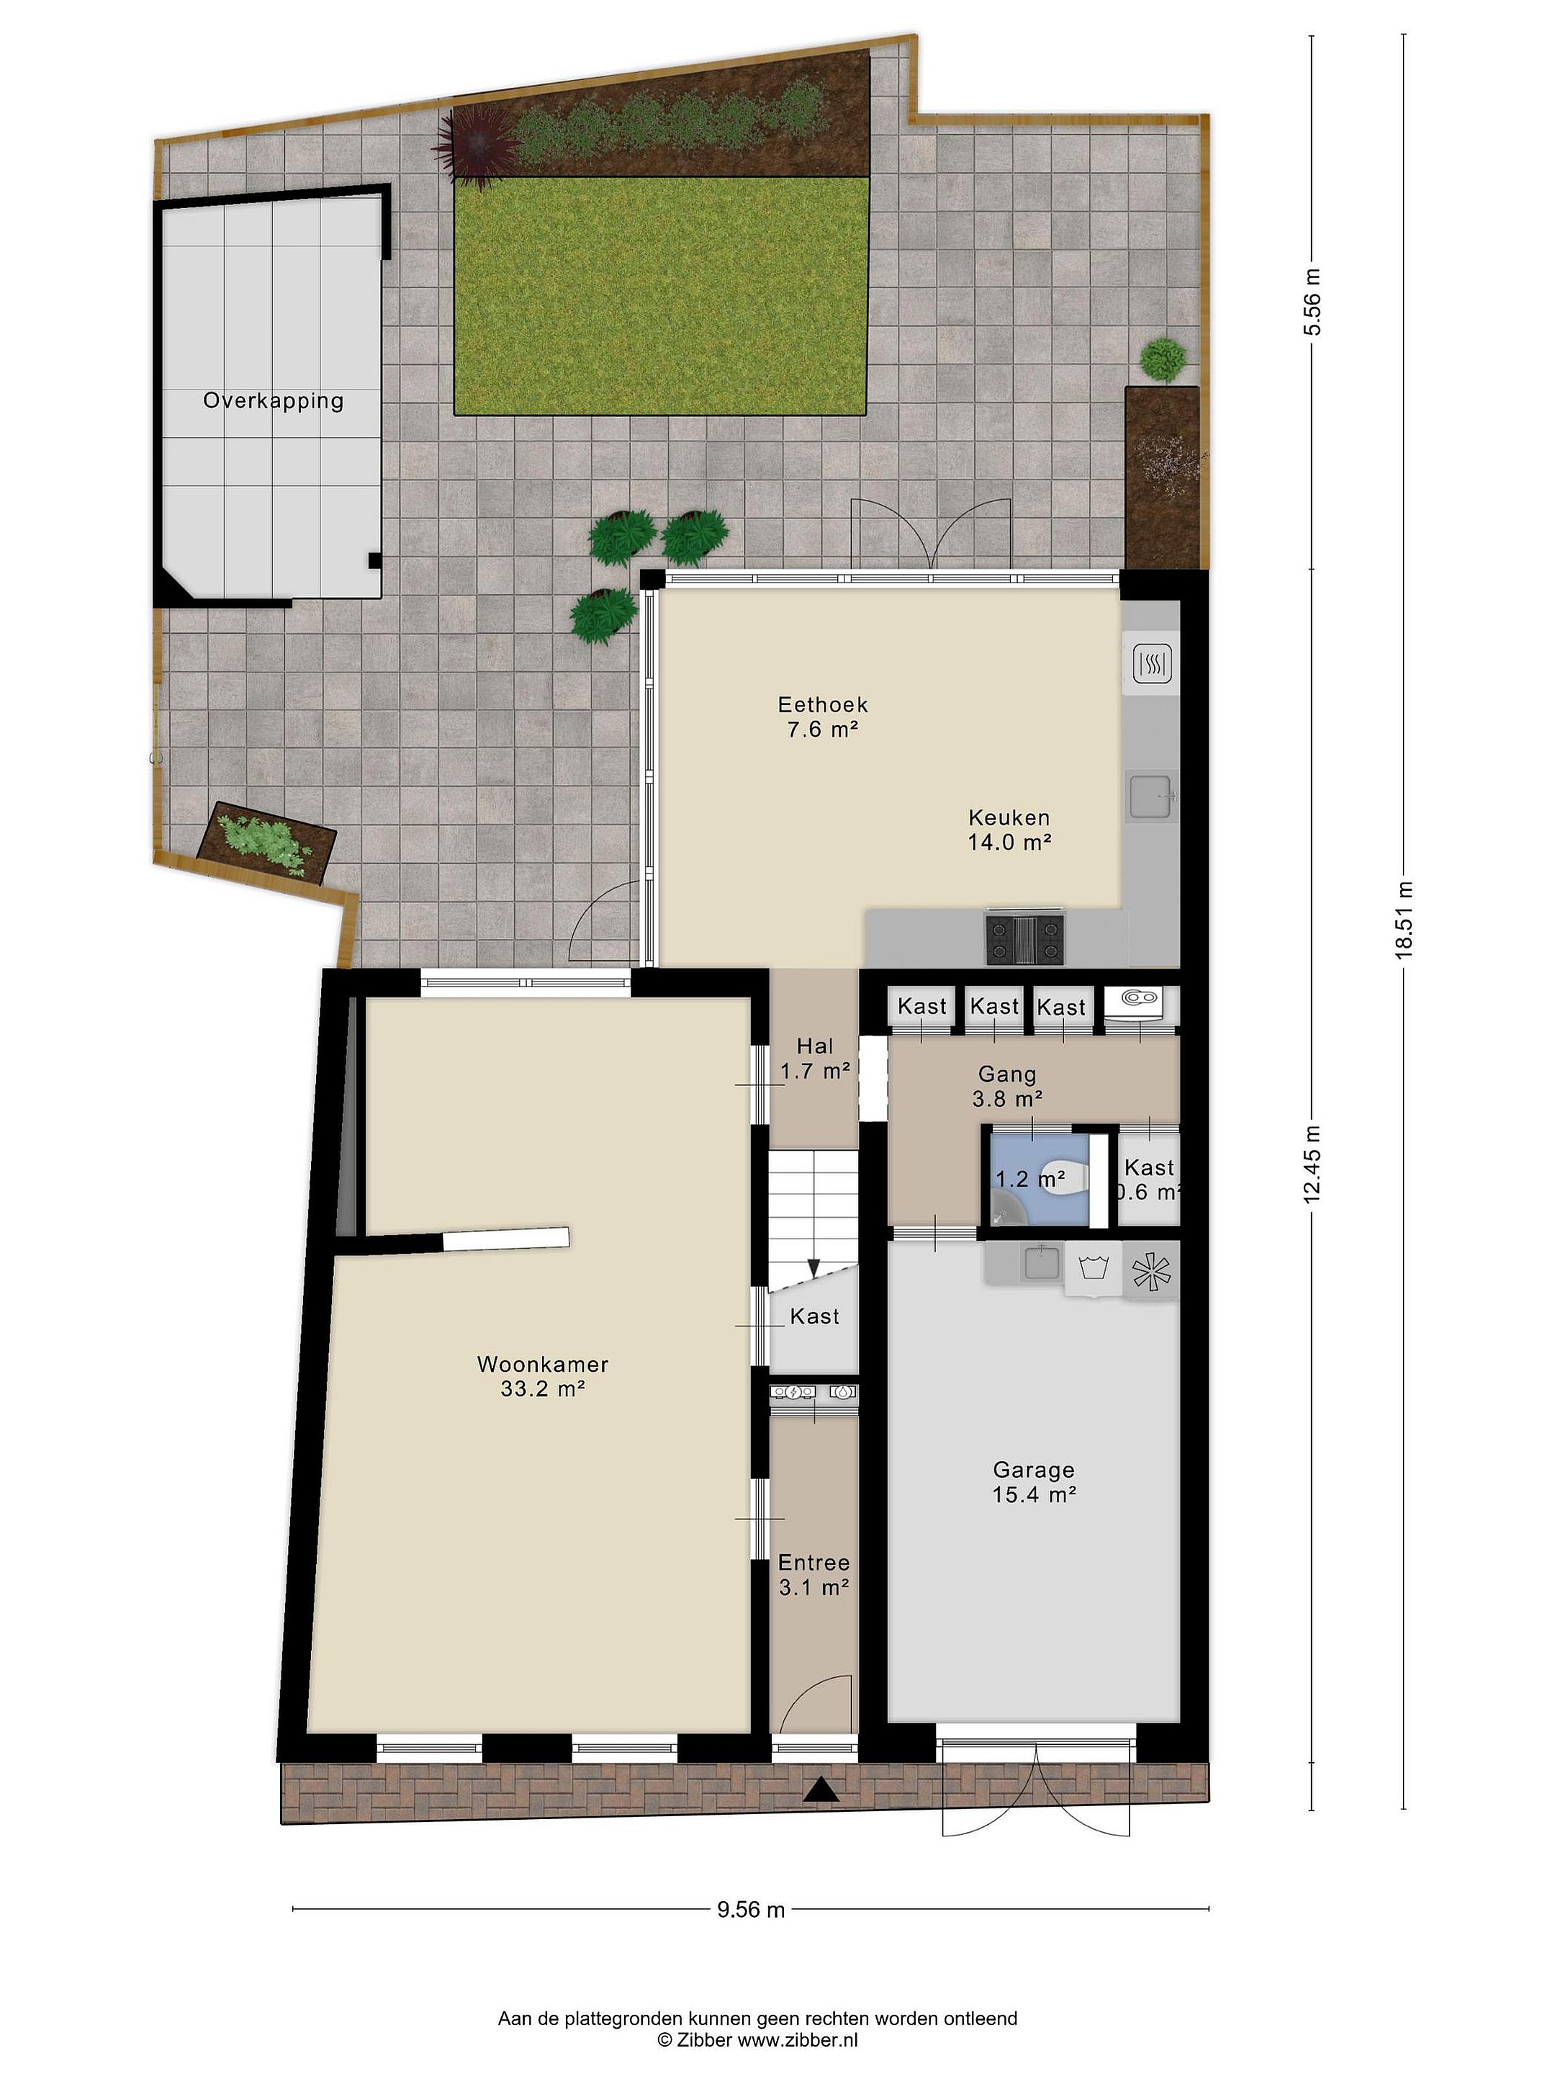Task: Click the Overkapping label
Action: pyautogui.click(x=273, y=401)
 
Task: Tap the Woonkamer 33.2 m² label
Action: pyautogui.click(x=543, y=1376)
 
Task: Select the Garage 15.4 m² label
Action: pyautogui.click(x=1034, y=1482)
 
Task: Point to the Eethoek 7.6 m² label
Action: pyautogui.click(x=823, y=717)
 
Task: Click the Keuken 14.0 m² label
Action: pyautogui.click(x=1009, y=830)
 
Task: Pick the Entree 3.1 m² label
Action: pyautogui.click(x=813, y=1575)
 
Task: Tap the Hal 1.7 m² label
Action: pyautogui.click(x=814, y=1059)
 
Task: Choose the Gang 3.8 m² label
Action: pyautogui.click(x=1008, y=1086)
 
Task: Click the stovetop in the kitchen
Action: pyautogui.click(x=1024, y=938)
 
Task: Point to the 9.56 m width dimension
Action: pyautogui.click(x=751, y=1908)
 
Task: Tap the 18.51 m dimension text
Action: pyautogui.click(x=1403, y=920)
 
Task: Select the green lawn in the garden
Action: pyautogui.click(x=660, y=295)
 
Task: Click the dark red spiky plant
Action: pyautogui.click(x=476, y=147)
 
